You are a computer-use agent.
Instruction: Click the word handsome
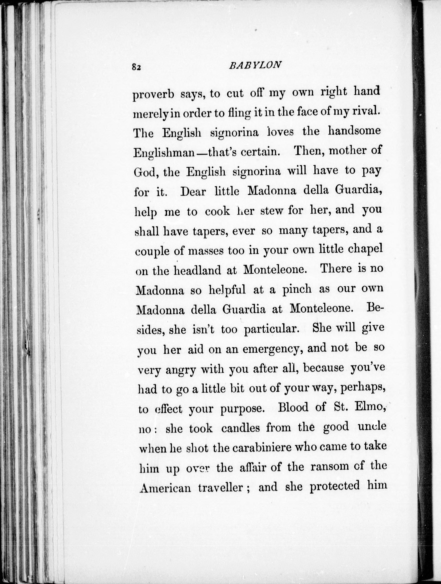354,131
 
